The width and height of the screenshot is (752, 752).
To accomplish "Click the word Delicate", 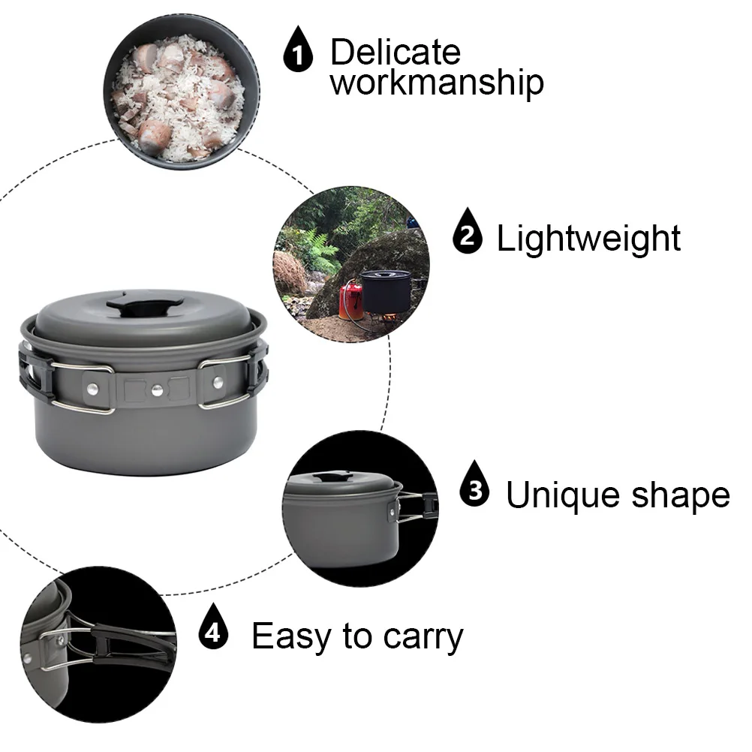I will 395,53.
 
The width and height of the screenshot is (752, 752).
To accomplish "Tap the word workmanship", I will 437,83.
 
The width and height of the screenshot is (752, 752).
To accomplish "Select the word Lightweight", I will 588,238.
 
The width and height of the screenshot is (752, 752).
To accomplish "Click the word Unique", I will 564,495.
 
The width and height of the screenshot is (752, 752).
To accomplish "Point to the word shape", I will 681,495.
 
